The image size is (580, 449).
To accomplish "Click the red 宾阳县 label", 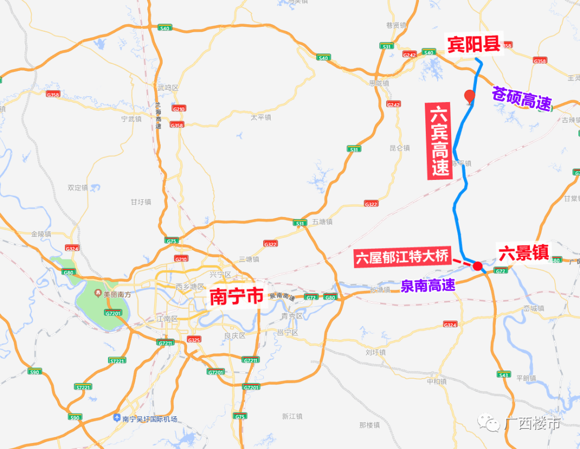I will click(x=474, y=45).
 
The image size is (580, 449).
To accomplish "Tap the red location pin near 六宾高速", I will click(x=469, y=96).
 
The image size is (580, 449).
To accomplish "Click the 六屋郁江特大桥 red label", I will click(x=402, y=257).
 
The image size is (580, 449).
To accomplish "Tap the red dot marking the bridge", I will click(x=477, y=265).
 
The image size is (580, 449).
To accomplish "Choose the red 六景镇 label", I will click(x=524, y=253).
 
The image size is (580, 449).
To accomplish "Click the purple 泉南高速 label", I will click(x=428, y=285).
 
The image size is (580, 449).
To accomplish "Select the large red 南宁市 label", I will click(x=237, y=296).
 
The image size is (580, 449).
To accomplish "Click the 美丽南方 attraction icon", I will click(x=98, y=294).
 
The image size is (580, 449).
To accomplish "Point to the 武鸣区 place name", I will click(x=168, y=87).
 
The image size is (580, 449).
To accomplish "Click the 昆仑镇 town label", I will click(x=400, y=148).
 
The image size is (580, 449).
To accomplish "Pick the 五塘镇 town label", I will click(x=322, y=221).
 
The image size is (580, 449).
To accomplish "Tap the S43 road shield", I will click(x=503, y=374).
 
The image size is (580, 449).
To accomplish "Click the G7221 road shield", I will click(x=117, y=360).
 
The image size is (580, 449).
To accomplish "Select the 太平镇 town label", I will click(x=261, y=117).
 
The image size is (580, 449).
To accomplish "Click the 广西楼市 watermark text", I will click(x=532, y=423).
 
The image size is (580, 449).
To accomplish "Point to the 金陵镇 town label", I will click(x=41, y=234).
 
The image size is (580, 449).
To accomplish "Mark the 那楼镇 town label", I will click(x=369, y=425).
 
